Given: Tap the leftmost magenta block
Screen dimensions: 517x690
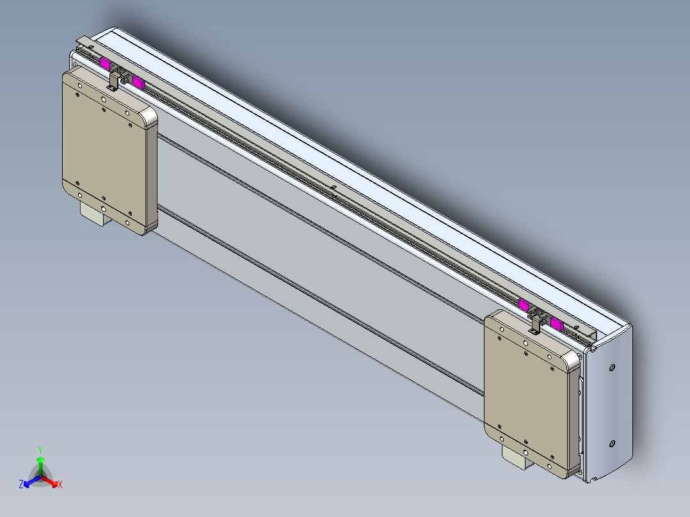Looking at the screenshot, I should [x=106, y=63].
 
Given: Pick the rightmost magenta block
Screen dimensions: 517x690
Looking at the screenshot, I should [x=557, y=322].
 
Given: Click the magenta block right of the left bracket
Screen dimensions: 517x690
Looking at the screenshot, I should [x=138, y=81].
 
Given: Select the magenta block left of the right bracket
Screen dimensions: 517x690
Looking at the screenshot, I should [x=524, y=305].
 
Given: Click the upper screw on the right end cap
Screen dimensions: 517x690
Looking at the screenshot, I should [x=613, y=367].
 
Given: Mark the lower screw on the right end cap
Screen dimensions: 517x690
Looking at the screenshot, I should [x=613, y=443].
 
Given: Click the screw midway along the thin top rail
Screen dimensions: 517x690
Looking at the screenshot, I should [x=333, y=187].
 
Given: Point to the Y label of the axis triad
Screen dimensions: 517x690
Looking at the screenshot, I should [x=40, y=450].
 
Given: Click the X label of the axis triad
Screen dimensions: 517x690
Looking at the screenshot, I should [x=60, y=485].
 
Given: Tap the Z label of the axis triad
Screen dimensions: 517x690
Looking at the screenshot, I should [x=21, y=485].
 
